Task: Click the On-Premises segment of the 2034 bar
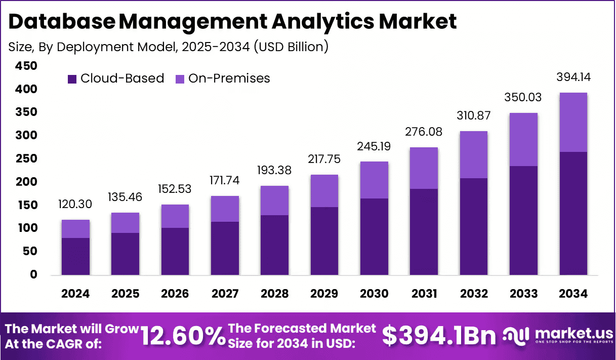573,122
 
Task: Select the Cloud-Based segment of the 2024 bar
75,256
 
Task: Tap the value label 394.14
573,77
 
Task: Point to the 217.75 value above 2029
324,159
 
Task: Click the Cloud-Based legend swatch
72,79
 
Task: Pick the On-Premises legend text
229,78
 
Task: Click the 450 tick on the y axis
26,66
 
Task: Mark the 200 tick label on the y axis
26,182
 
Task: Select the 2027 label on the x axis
224,294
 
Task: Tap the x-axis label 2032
474,294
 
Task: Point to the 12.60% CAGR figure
182,336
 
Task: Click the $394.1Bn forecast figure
438,336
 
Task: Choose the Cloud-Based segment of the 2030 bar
374,236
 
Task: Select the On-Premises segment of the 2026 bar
175,216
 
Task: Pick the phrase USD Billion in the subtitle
291,47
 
